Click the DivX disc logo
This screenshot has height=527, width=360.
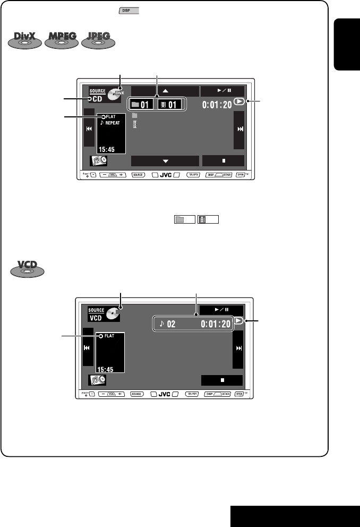[x=26, y=40]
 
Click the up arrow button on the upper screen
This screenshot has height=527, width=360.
[x=165, y=91]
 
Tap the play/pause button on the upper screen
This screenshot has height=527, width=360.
[x=223, y=91]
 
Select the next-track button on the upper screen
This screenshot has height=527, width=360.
[x=239, y=130]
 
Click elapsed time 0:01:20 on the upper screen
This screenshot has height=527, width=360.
[x=218, y=104]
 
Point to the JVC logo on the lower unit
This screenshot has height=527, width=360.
[x=164, y=394]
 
